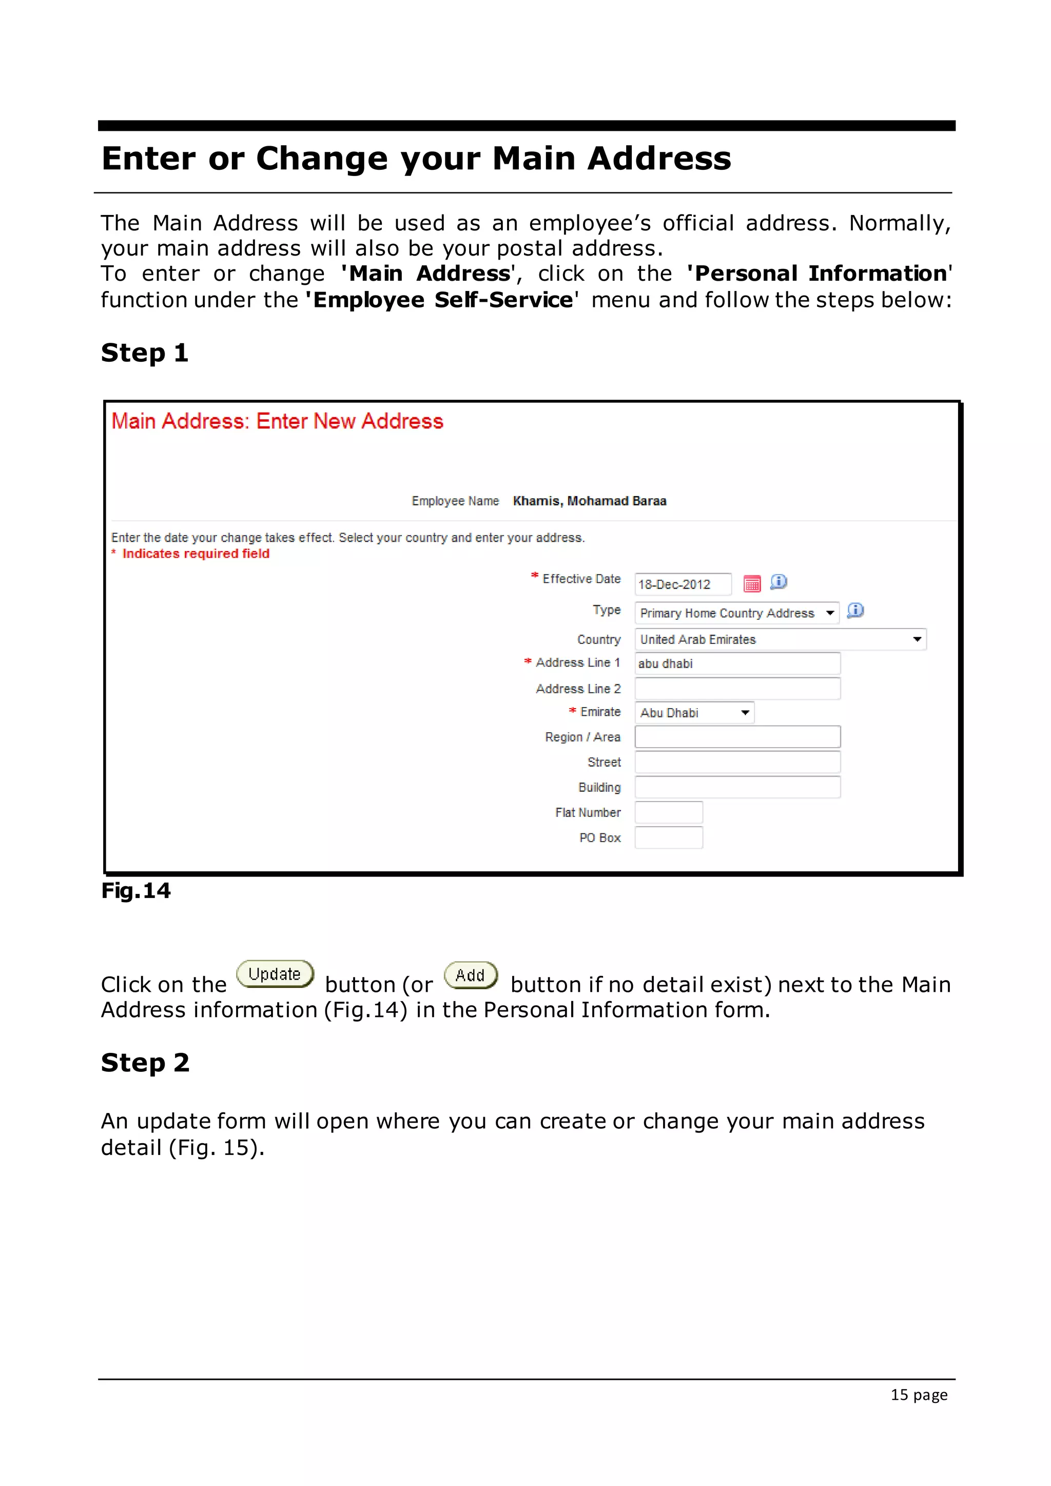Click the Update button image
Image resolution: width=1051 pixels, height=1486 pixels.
pyautogui.click(x=275, y=974)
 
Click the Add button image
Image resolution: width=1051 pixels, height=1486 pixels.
pyautogui.click(x=471, y=975)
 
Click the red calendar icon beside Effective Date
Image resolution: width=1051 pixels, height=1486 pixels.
pyautogui.click(x=751, y=584)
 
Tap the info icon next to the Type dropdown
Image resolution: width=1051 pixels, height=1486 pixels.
pyautogui.click(x=855, y=610)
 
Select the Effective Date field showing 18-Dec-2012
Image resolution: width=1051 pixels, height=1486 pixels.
pyautogui.click(x=682, y=584)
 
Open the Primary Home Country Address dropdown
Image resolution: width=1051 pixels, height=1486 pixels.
pyautogui.click(x=736, y=613)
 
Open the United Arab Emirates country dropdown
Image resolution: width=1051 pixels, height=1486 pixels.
pyautogui.click(x=780, y=639)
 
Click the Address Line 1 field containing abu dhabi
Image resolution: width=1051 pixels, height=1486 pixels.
pyautogui.click(x=736, y=663)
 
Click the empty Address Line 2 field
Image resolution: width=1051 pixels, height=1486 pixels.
pyautogui.click(x=736, y=689)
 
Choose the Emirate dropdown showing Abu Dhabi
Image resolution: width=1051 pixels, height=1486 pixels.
pyautogui.click(x=694, y=713)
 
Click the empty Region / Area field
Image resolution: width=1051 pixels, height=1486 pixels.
pyautogui.click(x=736, y=737)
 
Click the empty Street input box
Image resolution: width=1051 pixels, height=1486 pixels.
pyautogui.click(x=736, y=762)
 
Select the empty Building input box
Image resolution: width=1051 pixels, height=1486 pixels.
pyautogui.click(x=736, y=788)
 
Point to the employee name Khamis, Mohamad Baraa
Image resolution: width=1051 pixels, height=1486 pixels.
pyautogui.click(x=589, y=501)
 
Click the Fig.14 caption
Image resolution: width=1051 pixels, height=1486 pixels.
pyautogui.click(x=136, y=891)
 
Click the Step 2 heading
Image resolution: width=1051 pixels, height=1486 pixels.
pyautogui.click(x=145, y=1063)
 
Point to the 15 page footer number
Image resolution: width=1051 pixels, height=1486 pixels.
pyautogui.click(x=918, y=1395)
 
